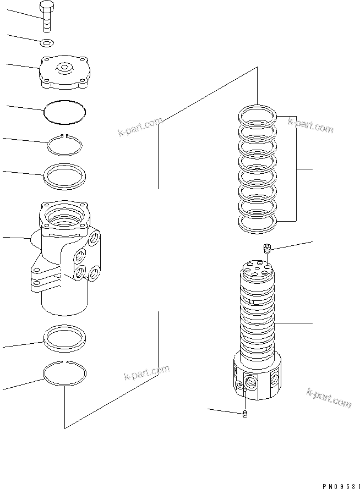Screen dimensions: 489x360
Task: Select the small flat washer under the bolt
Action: point(47,42)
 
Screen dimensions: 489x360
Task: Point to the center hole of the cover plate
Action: point(65,68)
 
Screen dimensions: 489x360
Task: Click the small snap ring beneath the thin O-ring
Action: point(65,146)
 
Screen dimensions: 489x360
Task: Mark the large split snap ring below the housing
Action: point(65,373)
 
